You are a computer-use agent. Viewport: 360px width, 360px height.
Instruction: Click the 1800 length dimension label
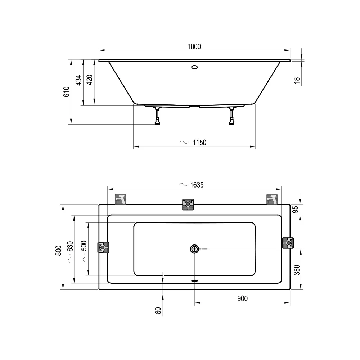coord(194,46)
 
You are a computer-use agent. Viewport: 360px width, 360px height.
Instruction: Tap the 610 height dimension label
coord(66,92)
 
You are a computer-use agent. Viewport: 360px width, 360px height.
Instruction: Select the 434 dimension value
coord(79,80)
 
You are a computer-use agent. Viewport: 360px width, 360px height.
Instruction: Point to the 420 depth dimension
coord(90,80)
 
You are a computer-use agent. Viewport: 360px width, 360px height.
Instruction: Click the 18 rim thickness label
coord(297,80)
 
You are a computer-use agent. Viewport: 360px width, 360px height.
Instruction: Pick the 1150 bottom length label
coord(199,143)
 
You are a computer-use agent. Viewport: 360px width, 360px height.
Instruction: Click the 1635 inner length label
coord(197,185)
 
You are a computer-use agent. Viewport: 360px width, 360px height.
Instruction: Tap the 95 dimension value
coord(296,210)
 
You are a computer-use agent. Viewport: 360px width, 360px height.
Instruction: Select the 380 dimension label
coord(297,270)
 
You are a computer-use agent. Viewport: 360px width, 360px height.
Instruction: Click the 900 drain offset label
coord(242,298)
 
